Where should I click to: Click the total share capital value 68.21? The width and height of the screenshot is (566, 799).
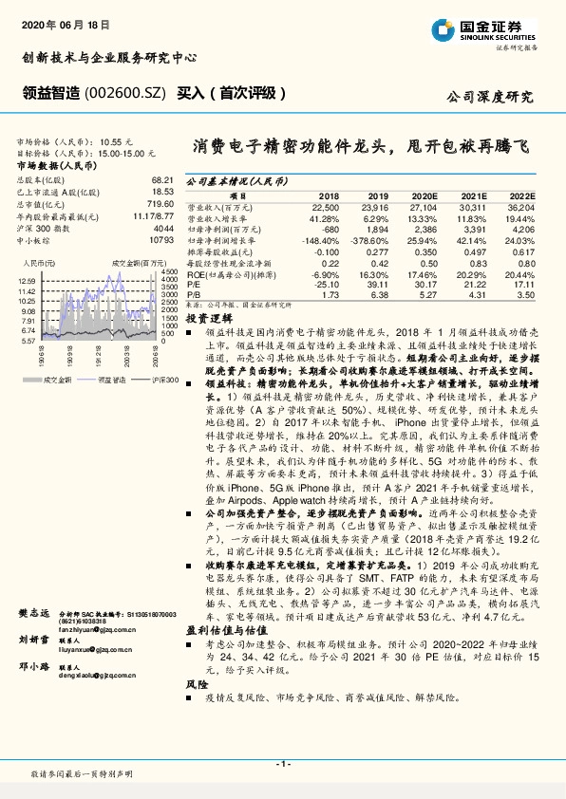(x=160, y=178)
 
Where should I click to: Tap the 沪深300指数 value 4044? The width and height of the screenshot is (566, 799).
(x=162, y=230)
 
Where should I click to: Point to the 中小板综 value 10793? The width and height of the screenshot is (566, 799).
(x=160, y=240)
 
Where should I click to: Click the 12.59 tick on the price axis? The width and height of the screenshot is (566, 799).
(x=27, y=282)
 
